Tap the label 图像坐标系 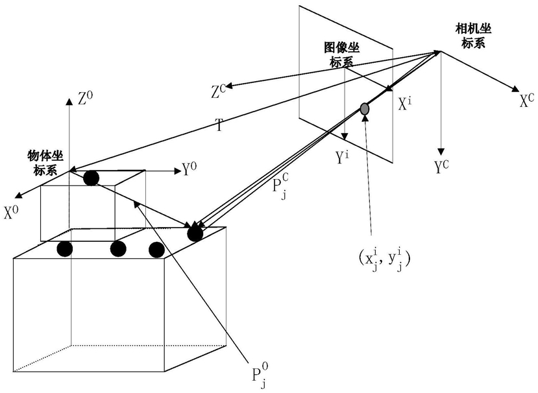coord(341,55)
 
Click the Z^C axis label coord(218,91)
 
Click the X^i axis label coord(404,103)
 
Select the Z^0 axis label coord(85,99)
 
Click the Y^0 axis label coord(190,171)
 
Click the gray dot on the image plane coord(365,110)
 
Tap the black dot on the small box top coord(92,178)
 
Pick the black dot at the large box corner coord(193,233)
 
